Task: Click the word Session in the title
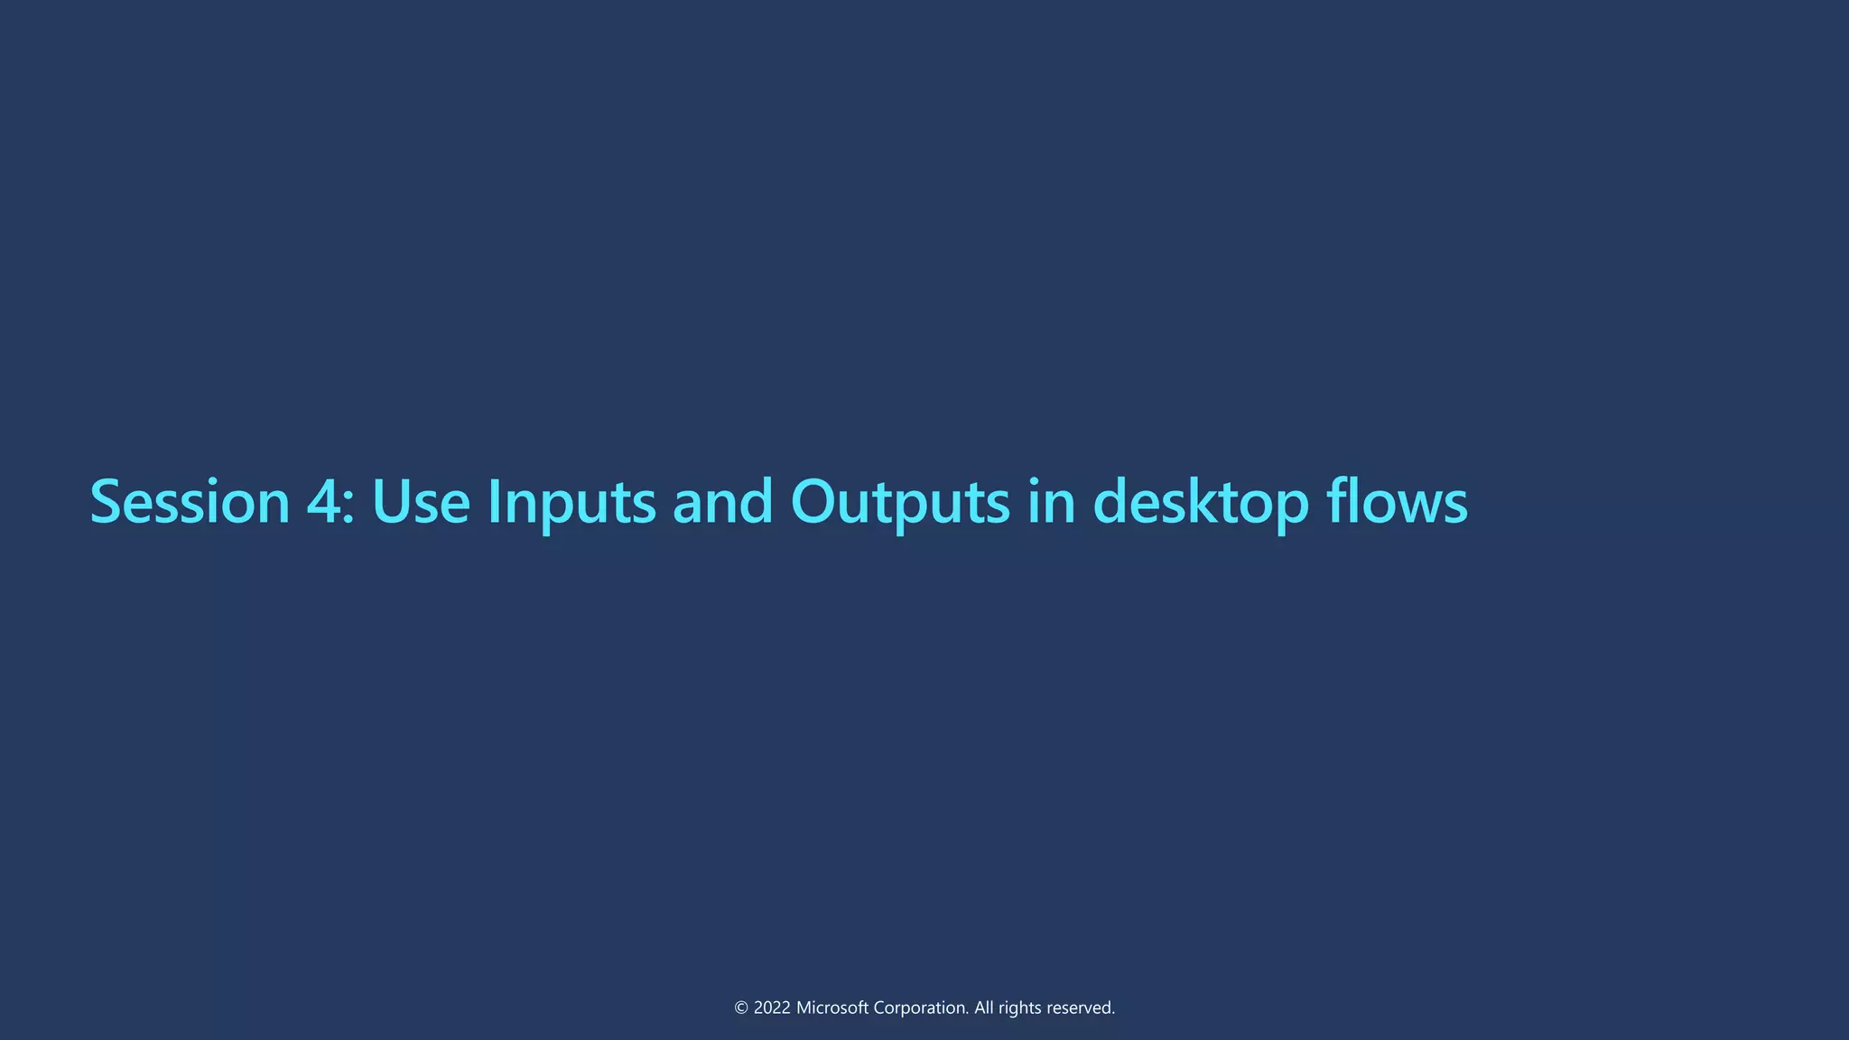pyautogui.click(x=190, y=502)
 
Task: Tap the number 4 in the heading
pyautogui.click(x=322, y=502)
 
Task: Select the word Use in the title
pyautogui.click(x=421, y=502)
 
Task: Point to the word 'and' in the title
pyautogui.click(x=723, y=502)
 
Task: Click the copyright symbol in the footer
pyautogui.click(x=741, y=1008)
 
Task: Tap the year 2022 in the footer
pyautogui.click(x=772, y=1008)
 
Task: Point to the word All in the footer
pyautogui.click(x=983, y=1008)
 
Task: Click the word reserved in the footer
pyautogui.click(x=1081, y=1008)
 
